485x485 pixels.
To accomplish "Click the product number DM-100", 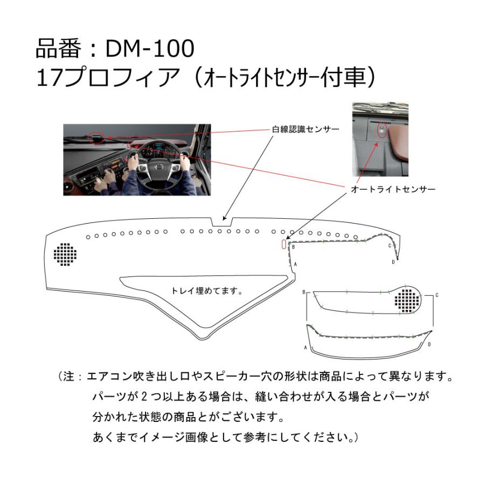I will (148, 49).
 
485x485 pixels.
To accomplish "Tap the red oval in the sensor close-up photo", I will (382, 131).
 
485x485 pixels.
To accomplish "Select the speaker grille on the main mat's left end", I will (65, 254).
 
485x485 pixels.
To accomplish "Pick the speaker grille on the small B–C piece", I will (407, 298).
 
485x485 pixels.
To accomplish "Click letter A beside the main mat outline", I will (296, 265).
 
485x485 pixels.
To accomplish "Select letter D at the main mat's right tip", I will (393, 262).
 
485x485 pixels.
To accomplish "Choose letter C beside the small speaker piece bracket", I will (437, 295).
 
